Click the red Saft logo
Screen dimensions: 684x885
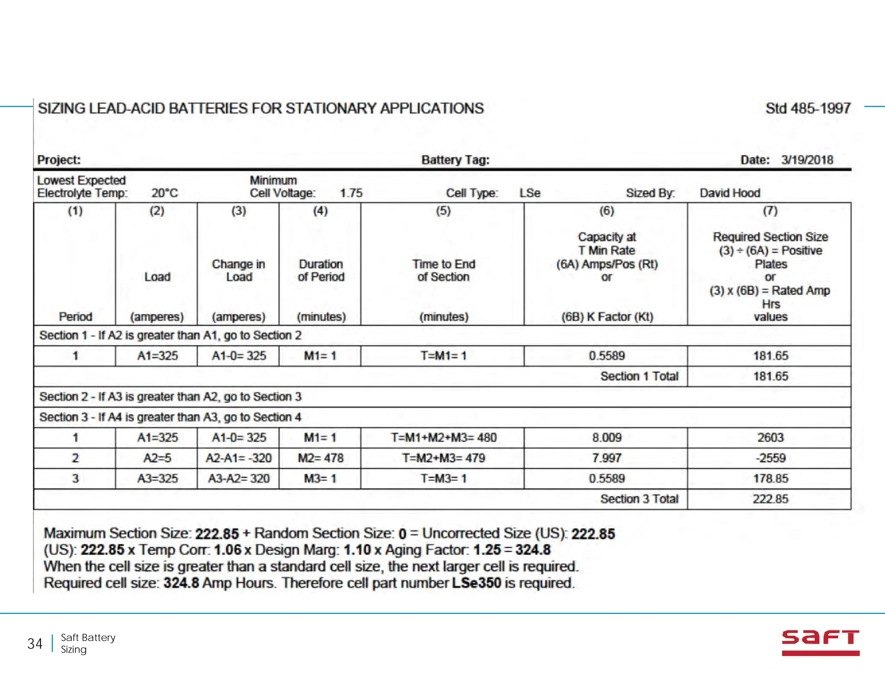click(x=820, y=642)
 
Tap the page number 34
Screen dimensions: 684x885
click(x=35, y=644)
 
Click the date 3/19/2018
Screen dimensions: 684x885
click(x=807, y=160)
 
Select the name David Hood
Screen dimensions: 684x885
click(x=730, y=193)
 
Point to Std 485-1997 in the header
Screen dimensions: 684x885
click(x=808, y=108)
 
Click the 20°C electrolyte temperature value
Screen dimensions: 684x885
click(x=165, y=193)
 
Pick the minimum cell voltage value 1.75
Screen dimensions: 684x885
click(x=351, y=193)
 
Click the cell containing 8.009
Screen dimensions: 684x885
click(x=607, y=438)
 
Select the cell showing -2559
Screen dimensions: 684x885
click(x=770, y=458)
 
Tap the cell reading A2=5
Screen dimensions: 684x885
click(x=157, y=458)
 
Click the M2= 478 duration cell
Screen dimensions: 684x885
click(x=320, y=458)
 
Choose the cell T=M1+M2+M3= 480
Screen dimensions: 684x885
click(x=443, y=438)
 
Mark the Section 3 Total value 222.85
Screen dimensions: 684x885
click(x=770, y=499)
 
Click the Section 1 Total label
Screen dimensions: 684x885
click(x=639, y=376)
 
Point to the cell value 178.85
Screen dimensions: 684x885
click(x=770, y=479)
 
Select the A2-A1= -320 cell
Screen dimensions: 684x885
click(x=239, y=458)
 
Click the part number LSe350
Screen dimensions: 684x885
click(x=476, y=583)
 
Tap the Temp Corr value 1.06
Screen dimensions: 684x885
click(x=227, y=550)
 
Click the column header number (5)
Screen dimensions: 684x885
click(x=443, y=211)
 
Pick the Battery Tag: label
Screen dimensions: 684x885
click(x=455, y=160)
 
